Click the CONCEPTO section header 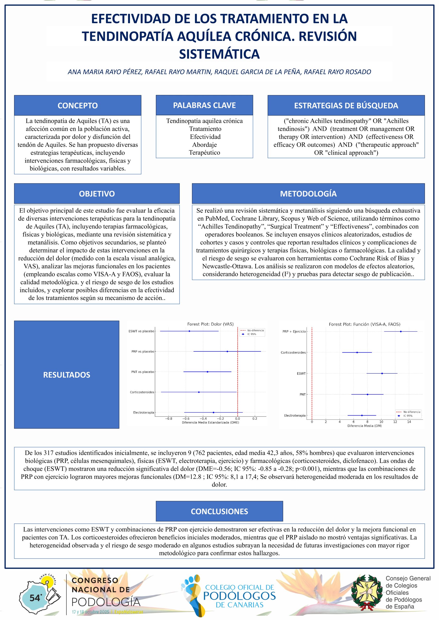click(78, 105)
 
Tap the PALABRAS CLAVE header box click(204, 105)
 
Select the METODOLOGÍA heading click(308, 194)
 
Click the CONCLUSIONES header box click(219, 511)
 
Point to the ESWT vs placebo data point click(189, 331)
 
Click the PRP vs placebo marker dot click(227, 351)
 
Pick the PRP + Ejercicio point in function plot click(401, 331)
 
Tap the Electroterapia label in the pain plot click(144, 412)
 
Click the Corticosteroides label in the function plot click(293, 352)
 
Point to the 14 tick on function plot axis click(409, 422)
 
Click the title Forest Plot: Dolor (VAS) click(210, 324)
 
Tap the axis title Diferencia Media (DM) click(364, 426)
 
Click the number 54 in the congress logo click(35, 598)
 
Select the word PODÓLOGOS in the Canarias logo click(239, 596)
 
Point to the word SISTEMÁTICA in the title click(219, 54)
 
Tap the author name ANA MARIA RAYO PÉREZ click(105, 72)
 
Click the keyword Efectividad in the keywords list click(205, 137)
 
